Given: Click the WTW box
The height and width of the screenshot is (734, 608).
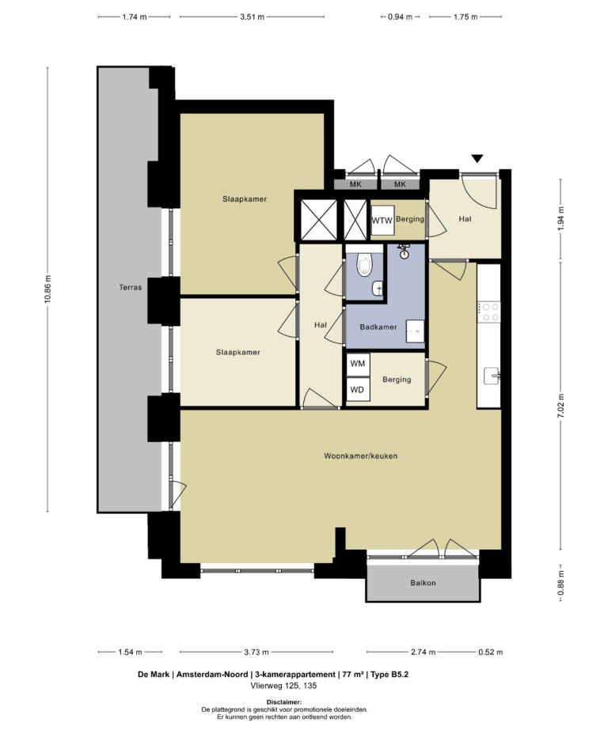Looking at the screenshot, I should (x=382, y=221).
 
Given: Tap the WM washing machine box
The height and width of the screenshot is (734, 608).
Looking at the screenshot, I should (x=358, y=364).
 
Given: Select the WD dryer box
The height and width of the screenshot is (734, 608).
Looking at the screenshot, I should (x=358, y=390).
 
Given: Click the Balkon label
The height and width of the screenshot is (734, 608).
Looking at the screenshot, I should (x=423, y=583).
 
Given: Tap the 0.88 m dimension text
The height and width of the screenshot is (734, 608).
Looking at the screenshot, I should (x=560, y=584).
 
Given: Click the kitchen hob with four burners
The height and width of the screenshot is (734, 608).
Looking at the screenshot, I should (x=489, y=312).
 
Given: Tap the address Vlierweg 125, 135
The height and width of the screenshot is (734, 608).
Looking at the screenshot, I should (x=284, y=686).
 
